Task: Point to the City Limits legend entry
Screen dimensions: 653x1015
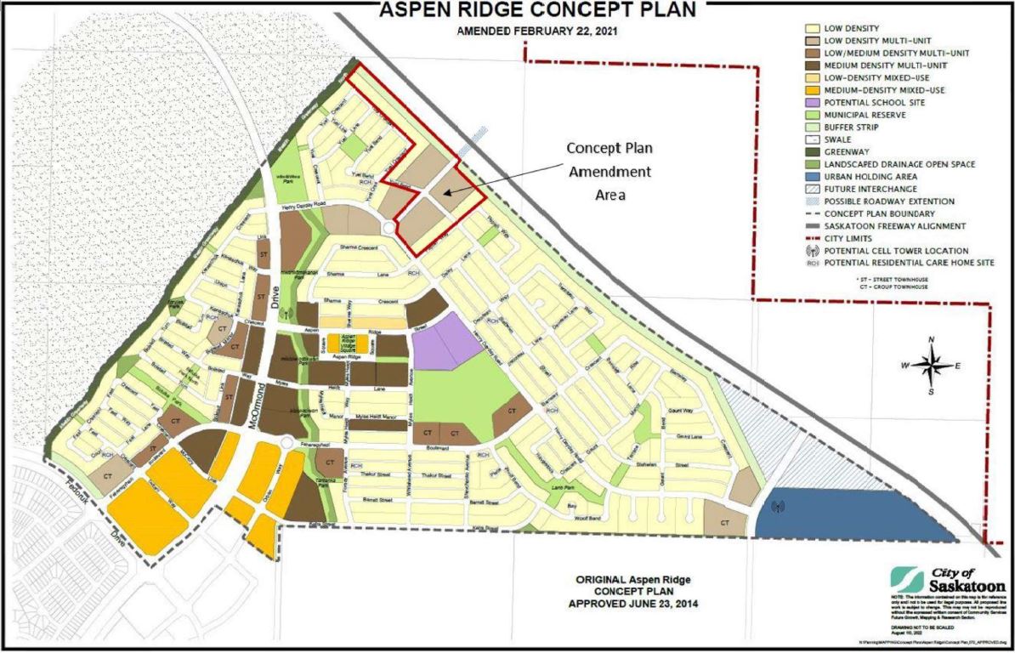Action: [x=850, y=238]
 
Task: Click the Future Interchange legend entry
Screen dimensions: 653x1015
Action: [x=867, y=189]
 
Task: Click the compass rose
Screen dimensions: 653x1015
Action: [x=933, y=366]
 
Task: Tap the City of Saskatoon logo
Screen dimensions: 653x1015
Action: [x=948, y=580]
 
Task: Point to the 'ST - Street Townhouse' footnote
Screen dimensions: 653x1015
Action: [x=891, y=277]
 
